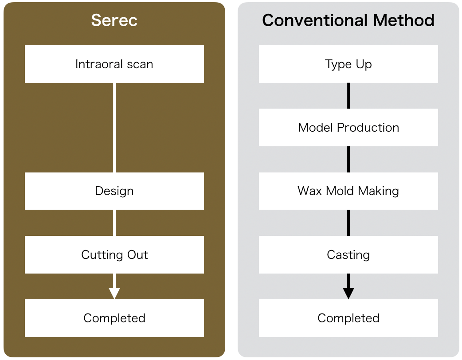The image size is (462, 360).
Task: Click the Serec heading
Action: click(114, 20)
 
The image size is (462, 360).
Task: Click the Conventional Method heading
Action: click(348, 20)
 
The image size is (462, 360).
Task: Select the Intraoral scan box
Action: click(114, 64)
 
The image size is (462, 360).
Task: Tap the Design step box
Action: click(114, 191)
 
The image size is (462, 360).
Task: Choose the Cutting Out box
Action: click(114, 254)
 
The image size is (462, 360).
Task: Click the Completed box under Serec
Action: click(114, 318)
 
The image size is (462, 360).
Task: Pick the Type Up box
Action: click(348, 64)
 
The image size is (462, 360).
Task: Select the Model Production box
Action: click(348, 127)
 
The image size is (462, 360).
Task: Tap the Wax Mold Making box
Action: click(348, 191)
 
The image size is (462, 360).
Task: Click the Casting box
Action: click(348, 254)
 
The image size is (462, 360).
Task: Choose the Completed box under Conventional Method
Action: click(348, 318)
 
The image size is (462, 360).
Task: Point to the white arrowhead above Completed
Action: click(114, 293)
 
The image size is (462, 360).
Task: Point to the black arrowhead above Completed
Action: click(348, 293)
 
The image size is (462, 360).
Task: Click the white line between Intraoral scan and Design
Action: click(114, 128)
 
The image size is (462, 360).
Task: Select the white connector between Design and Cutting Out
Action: click(114, 223)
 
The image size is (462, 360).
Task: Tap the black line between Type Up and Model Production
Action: click(348, 96)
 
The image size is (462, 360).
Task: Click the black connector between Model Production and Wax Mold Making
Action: click(348, 159)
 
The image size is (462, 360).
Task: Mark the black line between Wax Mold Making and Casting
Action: click(348, 223)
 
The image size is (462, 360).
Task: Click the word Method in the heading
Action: click(403, 20)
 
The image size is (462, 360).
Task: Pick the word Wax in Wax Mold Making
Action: click(309, 191)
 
